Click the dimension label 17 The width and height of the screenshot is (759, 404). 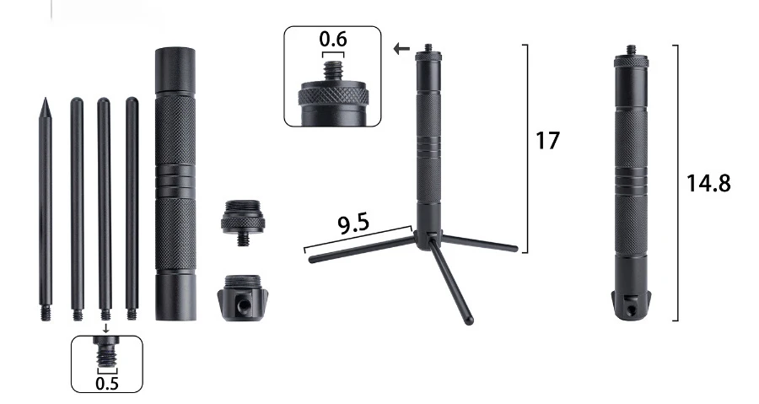(x=547, y=140)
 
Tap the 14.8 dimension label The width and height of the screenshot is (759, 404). (x=708, y=183)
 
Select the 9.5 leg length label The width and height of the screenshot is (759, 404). (x=353, y=223)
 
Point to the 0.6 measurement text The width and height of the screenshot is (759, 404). (x=333, y=39)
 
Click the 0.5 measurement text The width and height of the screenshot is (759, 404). (x=107, y=383)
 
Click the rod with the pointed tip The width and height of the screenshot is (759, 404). (x=45, y=209)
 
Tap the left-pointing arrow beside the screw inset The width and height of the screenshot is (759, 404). (x=401, y=48)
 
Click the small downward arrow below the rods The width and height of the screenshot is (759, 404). (x=106, y=329)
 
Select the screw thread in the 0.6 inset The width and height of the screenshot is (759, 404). (x=332, y=71)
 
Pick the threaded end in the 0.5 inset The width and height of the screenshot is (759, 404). (x=106, y=358)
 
